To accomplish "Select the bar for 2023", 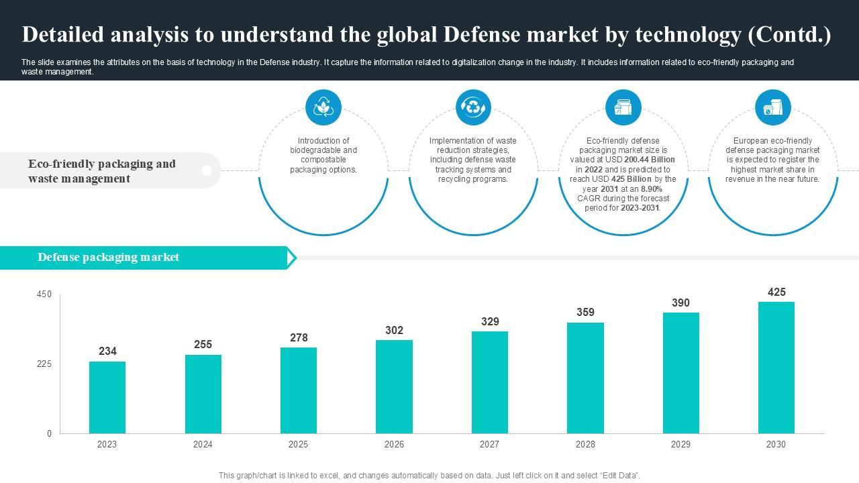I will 107,397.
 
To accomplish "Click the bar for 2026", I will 394,386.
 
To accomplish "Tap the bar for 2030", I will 776,368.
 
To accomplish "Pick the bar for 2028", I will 585,378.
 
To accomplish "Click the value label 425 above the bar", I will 776,292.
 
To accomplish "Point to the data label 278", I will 299,337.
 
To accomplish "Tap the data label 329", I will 490,321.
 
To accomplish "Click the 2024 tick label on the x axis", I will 203,444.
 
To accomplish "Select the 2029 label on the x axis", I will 680,444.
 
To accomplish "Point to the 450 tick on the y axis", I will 44,294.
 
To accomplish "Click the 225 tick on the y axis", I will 44,364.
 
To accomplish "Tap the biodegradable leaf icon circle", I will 323,107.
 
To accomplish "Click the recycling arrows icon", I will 473,107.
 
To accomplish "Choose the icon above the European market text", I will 772,107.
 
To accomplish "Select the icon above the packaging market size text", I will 623,107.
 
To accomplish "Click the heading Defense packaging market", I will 108,257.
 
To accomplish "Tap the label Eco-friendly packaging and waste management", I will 102,171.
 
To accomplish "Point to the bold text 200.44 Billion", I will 649,160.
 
